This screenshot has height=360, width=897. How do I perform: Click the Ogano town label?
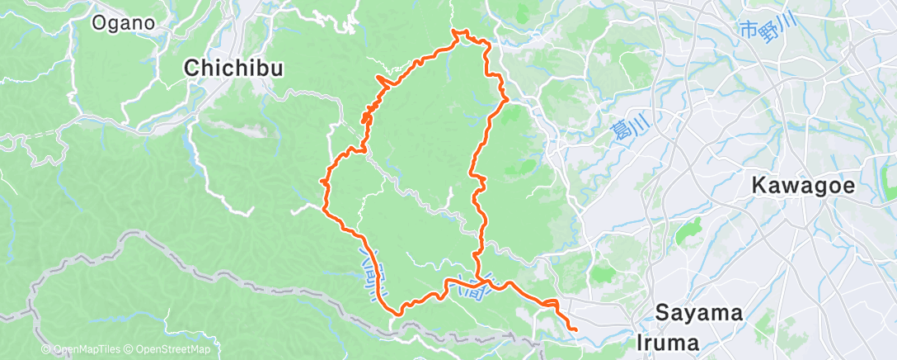(124, 22)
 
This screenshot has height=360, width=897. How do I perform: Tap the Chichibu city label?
(234, 69)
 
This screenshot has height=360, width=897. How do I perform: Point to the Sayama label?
(700, 313)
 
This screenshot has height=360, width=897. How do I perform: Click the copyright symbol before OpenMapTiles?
(46, 350)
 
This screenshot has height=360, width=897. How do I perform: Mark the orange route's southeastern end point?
(575, 332)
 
